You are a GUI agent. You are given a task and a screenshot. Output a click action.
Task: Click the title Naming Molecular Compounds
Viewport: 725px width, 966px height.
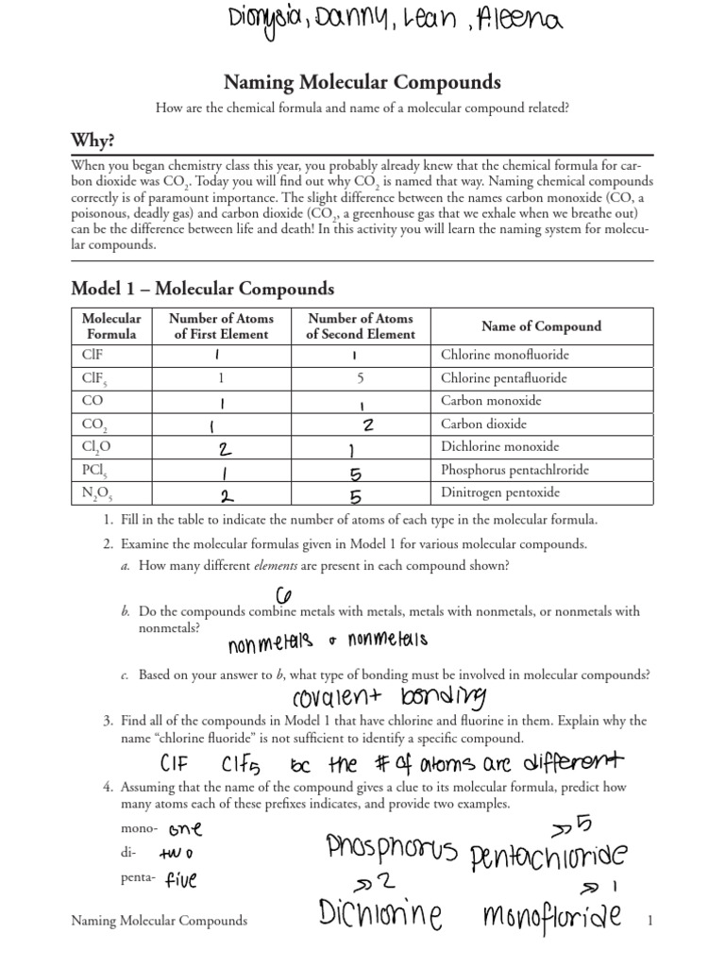362,83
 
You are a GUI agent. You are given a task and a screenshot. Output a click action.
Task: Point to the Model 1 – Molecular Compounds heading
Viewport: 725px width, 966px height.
202,288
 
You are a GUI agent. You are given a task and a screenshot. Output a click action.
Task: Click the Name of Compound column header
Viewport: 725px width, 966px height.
541,326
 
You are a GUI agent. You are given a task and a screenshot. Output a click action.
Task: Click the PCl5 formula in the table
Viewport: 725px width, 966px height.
93,469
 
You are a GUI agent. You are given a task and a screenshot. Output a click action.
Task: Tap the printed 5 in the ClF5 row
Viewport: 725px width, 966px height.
360,378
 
